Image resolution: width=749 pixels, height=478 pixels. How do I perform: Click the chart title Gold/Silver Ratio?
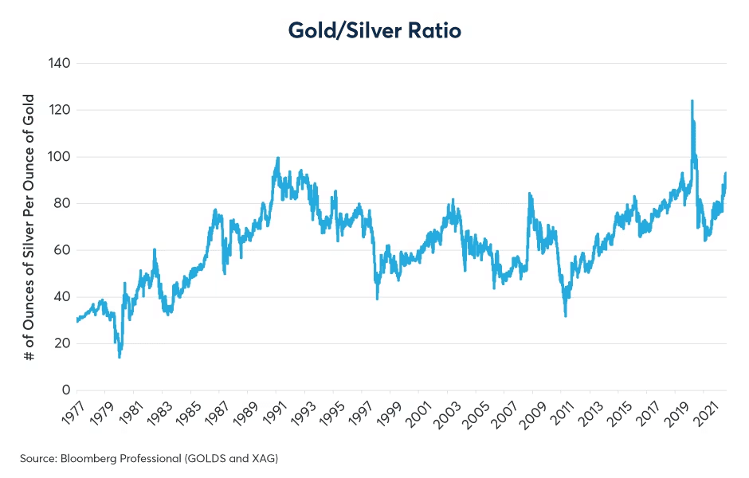tap(374, 30)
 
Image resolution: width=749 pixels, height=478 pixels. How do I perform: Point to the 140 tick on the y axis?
tap(60, 63)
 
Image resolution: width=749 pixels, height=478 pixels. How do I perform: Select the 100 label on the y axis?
tap(60, 157)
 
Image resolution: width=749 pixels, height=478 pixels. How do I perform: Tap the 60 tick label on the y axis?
tap(63, 250)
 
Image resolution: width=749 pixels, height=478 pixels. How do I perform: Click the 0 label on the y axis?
tap(67, 390)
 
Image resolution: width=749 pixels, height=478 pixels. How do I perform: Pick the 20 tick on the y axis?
tap(63, 343)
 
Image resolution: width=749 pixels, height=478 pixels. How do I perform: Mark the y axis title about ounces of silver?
tap(29, 227)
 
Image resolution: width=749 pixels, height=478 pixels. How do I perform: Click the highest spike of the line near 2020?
tap(692, 101)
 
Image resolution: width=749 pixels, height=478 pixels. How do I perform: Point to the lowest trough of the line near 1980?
tap(120, 356)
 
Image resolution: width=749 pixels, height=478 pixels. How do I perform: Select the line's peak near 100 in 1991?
tap(277, 158)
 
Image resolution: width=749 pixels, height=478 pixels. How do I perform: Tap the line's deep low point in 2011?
tap(566, 315)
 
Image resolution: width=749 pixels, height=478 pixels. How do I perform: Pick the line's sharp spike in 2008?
tap(529, 193)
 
